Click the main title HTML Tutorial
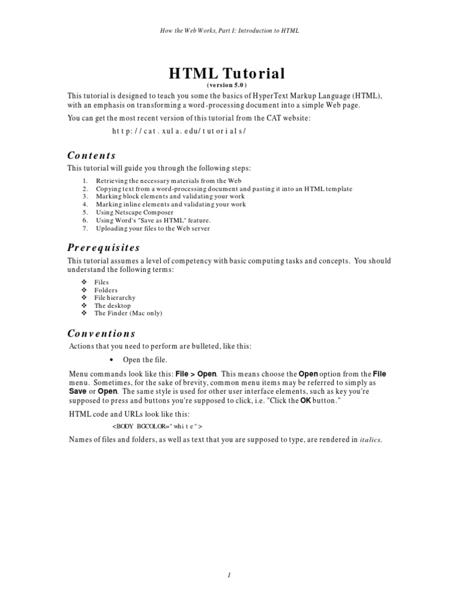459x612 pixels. click(227, 74)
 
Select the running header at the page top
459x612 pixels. click(229, 30)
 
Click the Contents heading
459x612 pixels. click(91, 155)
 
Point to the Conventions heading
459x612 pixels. click(101, 333)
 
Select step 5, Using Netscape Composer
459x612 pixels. click(134, 212)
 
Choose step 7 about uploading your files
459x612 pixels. click(152, 228)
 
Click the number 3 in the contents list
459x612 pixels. click(85, 196)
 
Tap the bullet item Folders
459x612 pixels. click(107, 289)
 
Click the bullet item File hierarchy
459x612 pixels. click(115, 297)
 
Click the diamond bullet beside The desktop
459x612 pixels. click(84, 305)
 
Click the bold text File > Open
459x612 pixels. click(196, 374)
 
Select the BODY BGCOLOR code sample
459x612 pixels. click(158, 426)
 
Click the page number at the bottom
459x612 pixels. click(229, 575)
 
